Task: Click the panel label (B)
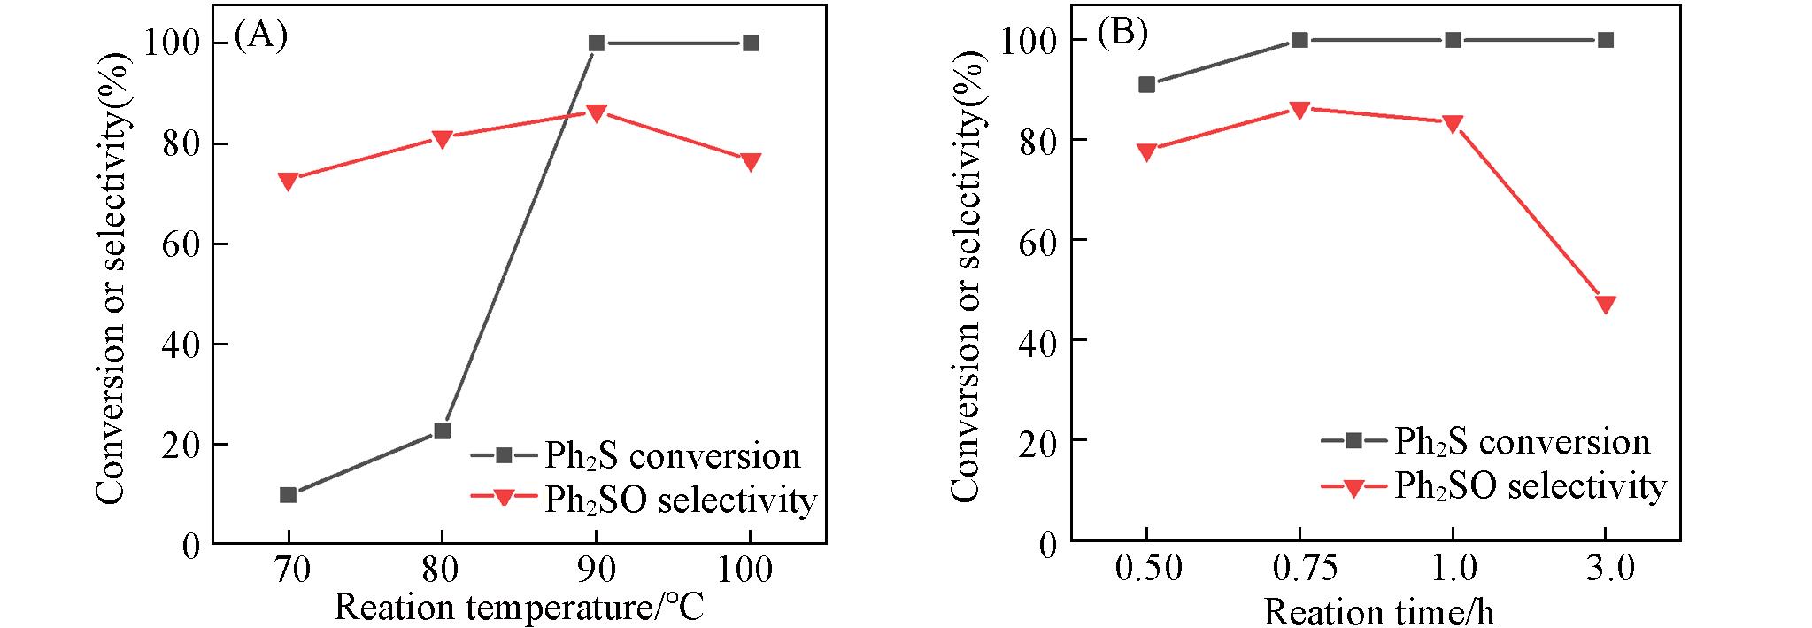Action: coord(1122,33)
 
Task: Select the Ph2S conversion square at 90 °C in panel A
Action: coord(597,43)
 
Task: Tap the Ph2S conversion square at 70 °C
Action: coord(288,494)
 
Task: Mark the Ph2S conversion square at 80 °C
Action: coord(443,430)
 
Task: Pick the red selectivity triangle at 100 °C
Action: coord(751,162)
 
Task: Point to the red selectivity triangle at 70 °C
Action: coord(288,182)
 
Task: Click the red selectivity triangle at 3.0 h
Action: coord(1606,305)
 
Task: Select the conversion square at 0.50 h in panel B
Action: coord(1146,84)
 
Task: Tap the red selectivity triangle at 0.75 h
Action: coord(1299,111)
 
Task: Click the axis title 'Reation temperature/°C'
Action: coord(519,608)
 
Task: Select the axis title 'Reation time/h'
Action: coord(1378,611)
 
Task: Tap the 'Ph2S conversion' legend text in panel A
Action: coord(672,455)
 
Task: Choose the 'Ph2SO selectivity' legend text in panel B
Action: coord(1530,486)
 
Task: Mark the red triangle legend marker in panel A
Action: coord(503,498)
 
